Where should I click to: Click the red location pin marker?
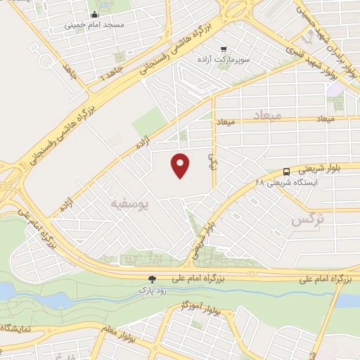(181, 165)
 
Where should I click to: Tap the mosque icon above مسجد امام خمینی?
(95, 14)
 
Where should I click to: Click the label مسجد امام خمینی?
(94, 24)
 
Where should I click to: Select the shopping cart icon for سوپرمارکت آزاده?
(224, 49)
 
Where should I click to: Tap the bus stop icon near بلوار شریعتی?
(286, 172)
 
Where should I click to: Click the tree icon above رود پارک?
(143, 279)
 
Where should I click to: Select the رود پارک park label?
(143, 288)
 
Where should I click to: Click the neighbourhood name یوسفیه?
(130, 203)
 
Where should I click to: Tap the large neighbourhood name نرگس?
(309, 220)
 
